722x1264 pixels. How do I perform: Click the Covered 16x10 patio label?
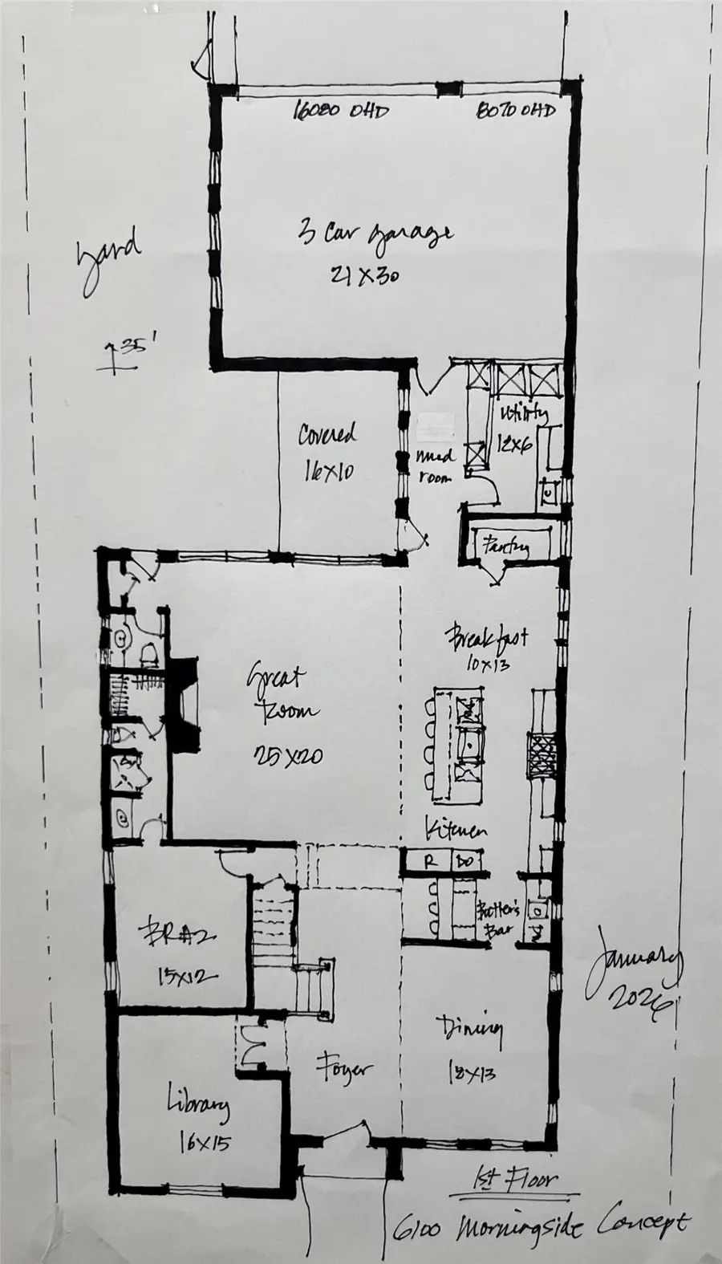(327, 452)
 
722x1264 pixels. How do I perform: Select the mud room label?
(436, 465)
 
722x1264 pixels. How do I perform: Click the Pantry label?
(505, 547)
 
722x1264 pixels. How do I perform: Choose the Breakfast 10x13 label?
(486, 648)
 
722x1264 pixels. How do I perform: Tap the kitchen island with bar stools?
(457, 743)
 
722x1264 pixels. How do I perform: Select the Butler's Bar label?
(499, 921)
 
